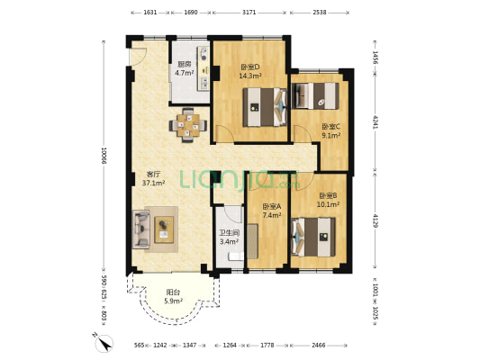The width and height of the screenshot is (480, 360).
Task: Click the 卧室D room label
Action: coord(250,67)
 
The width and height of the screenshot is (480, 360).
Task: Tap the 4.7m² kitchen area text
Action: coord(185,73)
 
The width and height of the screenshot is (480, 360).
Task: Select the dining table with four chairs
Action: coord(188,125)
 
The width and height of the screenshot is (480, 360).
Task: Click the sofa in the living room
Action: coord(140,229)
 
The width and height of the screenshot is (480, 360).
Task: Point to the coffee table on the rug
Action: coord(164,229)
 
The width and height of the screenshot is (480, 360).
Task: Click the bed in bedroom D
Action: coord(265,107)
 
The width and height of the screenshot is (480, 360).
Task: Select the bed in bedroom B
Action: coord(313,237)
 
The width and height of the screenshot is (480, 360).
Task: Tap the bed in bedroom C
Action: coord(315,95)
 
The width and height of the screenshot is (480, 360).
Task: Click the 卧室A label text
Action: coord(272,207)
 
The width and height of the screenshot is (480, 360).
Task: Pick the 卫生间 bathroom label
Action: coord(229,233)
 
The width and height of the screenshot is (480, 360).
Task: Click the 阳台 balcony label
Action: coord(173,292)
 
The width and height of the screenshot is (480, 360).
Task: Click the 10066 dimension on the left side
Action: coord(104,156)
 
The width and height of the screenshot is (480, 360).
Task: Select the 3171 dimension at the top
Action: coord(249,13)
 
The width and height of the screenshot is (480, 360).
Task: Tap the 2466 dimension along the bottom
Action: coord(319,346)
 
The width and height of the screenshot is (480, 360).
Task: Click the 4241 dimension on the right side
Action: coord(376,122)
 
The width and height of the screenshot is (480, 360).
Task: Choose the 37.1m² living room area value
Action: coord(154,184)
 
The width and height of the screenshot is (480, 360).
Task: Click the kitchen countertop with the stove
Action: coord(204,68)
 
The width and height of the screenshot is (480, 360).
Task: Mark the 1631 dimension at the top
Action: coord(150,13)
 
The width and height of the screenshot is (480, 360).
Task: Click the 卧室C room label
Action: coord(331,127)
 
